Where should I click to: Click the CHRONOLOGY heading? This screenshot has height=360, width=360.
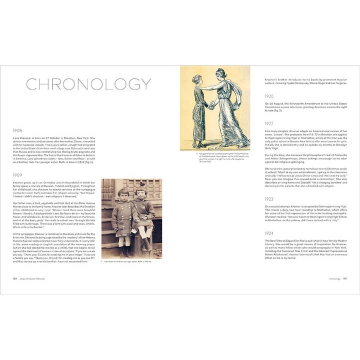click(88, 84)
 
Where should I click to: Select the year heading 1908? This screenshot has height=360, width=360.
click(18, 130)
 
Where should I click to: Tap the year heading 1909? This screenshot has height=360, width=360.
click(18, 175)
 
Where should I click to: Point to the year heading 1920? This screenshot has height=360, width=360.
click(269, 95)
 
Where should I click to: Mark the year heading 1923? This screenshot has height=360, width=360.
click(269, 199)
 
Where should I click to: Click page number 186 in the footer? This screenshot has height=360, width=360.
click(16, 279)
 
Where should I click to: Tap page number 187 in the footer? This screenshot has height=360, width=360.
click(345, 279)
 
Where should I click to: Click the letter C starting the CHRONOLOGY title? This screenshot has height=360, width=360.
click(31, 84)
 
